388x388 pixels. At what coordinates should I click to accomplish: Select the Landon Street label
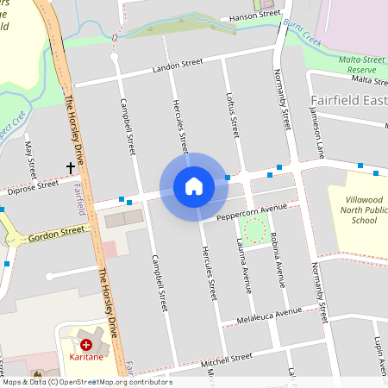click(177, 65)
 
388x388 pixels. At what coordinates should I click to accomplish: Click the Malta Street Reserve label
click(361, 64)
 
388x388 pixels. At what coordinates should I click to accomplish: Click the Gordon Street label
click(57, 232)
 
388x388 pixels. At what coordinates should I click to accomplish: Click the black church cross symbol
click(71, 166)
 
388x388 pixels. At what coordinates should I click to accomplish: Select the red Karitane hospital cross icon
click(86, 344)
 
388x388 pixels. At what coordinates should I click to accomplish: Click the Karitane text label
click(86, 356)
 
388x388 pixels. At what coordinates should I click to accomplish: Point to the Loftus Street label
click(230, 116)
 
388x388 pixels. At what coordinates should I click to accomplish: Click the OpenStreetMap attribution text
click(86, 382)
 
